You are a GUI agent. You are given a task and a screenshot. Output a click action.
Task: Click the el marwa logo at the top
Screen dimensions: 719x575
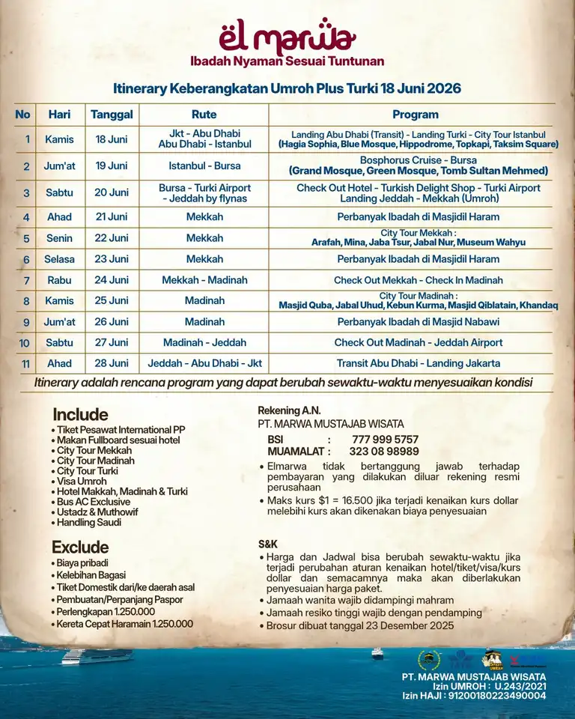287,36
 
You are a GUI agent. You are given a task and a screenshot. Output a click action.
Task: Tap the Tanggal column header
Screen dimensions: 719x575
112,115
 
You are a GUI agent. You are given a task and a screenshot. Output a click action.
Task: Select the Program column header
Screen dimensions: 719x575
415,115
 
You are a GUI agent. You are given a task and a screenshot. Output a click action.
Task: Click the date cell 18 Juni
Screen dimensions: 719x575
112,139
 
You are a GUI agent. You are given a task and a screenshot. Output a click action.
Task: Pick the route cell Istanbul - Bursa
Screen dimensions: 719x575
204,166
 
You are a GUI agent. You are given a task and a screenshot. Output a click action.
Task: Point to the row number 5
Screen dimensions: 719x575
26,238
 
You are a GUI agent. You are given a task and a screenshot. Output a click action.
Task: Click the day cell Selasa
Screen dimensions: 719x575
60,259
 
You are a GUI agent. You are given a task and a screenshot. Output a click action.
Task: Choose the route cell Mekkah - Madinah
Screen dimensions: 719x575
204,280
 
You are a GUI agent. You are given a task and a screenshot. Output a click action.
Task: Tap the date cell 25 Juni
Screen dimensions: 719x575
112,300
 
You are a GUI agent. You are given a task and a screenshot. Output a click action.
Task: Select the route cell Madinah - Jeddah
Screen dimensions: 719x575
204,342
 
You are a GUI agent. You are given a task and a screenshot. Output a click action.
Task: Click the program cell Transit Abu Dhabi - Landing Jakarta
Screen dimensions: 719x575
418,363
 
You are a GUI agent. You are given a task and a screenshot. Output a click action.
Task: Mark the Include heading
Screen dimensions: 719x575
80,414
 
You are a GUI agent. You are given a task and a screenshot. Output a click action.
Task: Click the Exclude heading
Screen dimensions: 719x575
80,547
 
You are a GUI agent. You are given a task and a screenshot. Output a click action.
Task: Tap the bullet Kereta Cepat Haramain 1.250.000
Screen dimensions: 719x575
124,624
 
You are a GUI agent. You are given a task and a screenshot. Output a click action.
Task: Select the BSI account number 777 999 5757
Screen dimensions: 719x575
385,440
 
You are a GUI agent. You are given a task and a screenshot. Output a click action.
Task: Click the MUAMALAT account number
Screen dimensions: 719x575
384,452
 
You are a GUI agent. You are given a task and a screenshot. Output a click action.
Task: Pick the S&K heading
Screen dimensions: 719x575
268,544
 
